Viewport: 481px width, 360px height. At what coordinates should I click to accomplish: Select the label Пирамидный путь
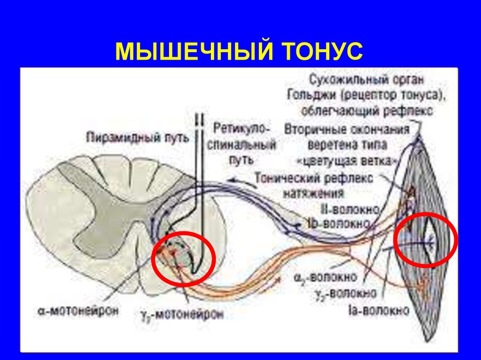(x=138, y=137)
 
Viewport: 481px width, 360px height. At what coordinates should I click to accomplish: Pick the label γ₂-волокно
(x=347, y=293)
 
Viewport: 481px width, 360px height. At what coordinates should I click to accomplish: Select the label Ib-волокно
(x=346, y=222)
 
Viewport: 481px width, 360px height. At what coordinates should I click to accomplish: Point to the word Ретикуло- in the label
(x=241, y=128)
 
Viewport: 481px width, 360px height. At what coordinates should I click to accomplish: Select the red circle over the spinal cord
(x=184, y=258)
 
